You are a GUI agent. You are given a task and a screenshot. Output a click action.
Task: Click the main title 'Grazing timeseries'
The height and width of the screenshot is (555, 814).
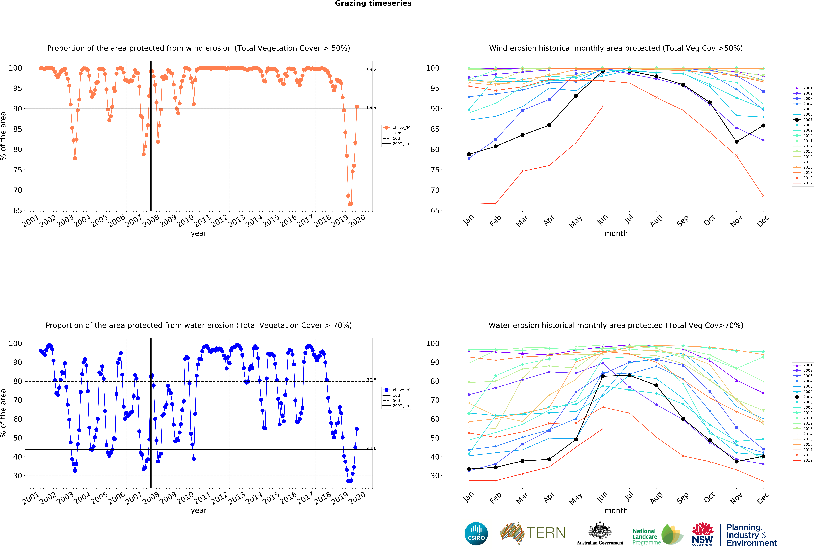373,3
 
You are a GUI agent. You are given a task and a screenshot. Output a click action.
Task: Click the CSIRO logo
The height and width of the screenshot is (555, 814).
476,534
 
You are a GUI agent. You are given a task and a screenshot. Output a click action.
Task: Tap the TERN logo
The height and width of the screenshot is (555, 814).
532,533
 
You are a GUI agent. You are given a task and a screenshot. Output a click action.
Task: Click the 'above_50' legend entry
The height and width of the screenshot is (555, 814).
401,128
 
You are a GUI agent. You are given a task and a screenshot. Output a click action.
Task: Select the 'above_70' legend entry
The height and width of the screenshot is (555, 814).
401,390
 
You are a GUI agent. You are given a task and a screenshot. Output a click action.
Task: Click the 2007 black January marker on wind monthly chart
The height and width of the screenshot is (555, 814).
469,154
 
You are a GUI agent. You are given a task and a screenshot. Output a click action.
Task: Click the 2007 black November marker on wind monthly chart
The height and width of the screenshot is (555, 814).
737,142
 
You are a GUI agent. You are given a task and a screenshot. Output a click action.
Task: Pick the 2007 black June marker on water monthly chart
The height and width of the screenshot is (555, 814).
603,376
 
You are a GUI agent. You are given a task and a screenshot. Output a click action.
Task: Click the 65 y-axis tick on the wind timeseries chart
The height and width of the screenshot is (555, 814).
18,211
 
